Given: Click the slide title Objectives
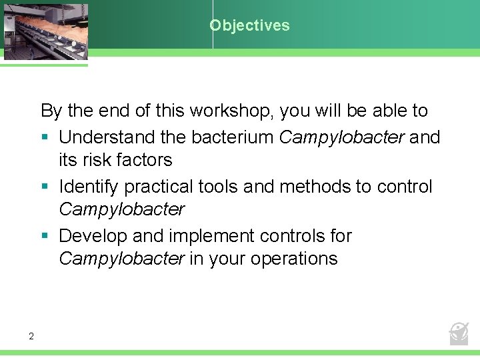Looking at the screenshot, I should (249, 26).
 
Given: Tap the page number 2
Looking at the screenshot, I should (31, 336).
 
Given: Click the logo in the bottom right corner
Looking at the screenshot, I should (459, 333).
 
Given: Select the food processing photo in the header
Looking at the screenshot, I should (45, 31).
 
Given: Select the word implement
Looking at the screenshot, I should (215, 236).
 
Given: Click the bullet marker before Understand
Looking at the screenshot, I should (45, 138).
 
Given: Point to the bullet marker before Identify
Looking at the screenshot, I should (45, 187).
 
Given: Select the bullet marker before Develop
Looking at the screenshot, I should (45, 237).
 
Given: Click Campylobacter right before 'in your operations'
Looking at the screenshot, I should (121, 259).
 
